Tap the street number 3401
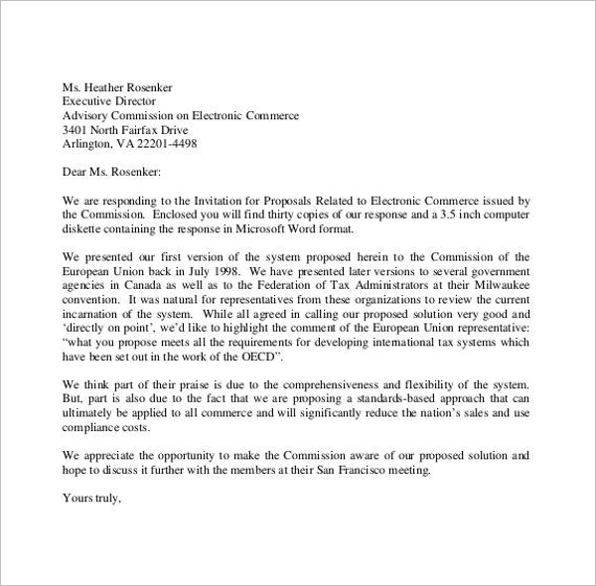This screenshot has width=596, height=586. click(75, 129)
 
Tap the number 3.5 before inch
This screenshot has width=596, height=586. click(458, 214)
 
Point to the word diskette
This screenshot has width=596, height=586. click(83, 228)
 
